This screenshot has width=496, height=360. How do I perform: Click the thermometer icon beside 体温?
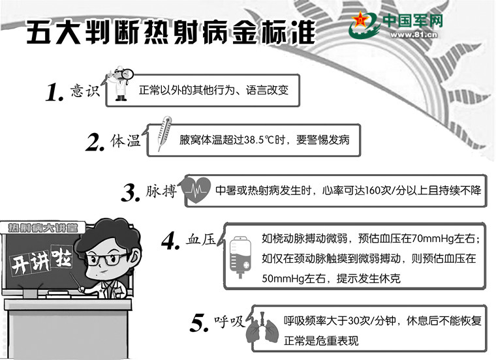164,134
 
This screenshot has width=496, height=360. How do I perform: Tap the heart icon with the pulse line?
196,189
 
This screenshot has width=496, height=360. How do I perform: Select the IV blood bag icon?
240,257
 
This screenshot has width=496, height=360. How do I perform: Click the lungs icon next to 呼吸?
262,330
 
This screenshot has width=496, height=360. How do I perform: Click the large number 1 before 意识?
54,93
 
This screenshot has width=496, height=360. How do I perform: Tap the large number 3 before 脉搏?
130,193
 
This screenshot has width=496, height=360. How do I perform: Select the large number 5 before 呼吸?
199,323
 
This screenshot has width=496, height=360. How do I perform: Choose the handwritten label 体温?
125,141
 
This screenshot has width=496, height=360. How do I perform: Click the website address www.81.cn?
413,35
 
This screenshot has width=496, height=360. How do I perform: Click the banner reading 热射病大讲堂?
42,228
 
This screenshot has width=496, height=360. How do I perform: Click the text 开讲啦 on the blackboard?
41,260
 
